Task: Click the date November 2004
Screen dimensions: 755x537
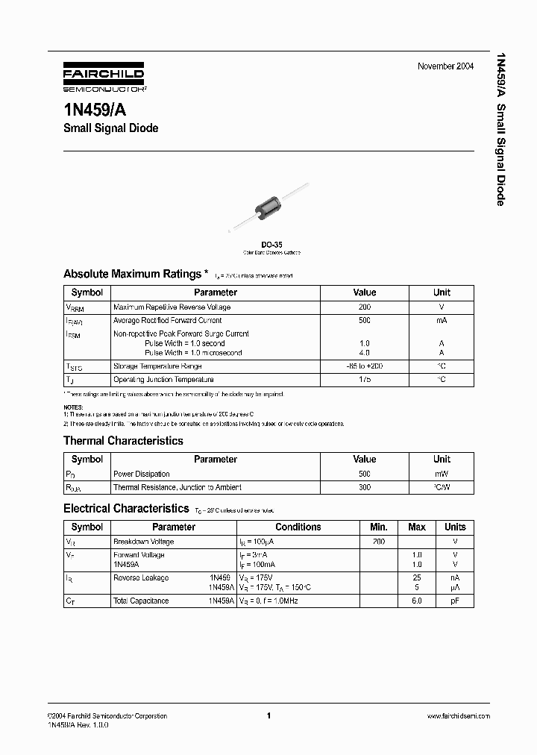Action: (x=445, y=66)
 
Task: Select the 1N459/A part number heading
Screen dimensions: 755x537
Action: (x=99, y=107)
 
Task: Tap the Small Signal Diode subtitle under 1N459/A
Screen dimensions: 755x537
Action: (x=110, y=128)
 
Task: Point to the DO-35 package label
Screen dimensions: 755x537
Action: (x=271, y=243)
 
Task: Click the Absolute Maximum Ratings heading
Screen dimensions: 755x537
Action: (x=131, y=274)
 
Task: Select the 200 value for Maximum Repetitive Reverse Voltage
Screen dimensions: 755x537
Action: (x=364, y=307)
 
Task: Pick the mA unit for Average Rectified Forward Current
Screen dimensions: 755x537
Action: (x=442, y=320)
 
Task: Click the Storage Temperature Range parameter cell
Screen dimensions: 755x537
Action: (x=157, y=366)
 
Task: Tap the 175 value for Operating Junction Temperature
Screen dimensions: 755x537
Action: (x=364, y=380)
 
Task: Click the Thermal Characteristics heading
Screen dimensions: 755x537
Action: (x=123, y=441)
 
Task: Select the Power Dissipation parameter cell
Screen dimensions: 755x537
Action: (x=141, y=474)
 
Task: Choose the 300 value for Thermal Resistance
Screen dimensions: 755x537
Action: (x=364, y=487)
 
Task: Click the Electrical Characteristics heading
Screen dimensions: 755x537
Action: (x=125, y=509)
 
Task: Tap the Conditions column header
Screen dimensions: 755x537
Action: (x=298, y=527)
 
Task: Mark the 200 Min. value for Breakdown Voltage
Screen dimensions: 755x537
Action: (x=378, y=542)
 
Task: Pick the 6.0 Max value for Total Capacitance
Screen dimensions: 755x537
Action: (x=417, y=601)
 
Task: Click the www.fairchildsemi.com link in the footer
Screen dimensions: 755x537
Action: (x=458, y=715)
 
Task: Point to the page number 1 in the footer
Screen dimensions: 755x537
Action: (x=268, y=715)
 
